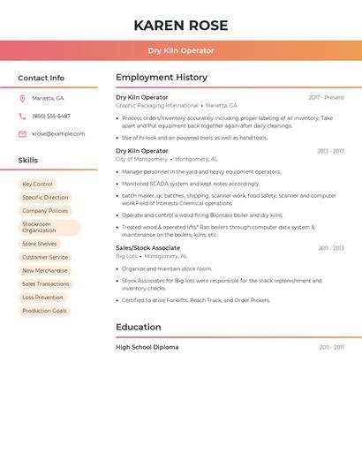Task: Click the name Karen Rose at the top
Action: (181, 26)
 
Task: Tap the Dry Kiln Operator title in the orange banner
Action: (181, 50)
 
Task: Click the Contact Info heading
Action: (41, 78)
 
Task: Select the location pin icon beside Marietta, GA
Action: (22, 98)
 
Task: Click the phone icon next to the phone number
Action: (22, 116)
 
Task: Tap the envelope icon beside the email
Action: (22, 134)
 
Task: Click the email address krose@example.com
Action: (58, 134)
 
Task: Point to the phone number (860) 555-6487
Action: (51, 116)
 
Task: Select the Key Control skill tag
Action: (38, 185)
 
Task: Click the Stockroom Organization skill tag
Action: (49, 227)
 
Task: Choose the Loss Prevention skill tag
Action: (43, 298)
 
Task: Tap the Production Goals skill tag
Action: (45, 311)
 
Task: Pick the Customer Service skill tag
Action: (45, 257)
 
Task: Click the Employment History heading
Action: (162, 78)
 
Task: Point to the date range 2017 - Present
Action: (326, 97)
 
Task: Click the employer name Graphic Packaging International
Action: (157, 105)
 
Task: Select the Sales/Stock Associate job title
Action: (147, 248)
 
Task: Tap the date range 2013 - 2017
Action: (330, 151)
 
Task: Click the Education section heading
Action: (139, 327)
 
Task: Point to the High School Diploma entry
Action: (147, 347)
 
